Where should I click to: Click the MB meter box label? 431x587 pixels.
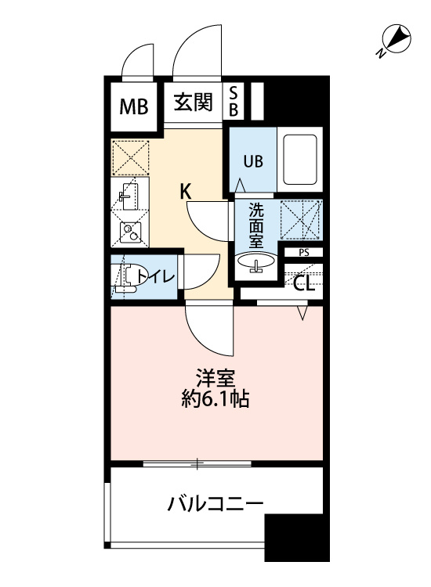coord(134,106)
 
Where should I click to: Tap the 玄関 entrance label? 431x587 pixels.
coord(193,103)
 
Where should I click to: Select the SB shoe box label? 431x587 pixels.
coord(233,101)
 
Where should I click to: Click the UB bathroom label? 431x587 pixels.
coord(254,162)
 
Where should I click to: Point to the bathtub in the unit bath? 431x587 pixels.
coord(300,160)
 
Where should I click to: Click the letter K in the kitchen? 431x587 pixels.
coord(186,193)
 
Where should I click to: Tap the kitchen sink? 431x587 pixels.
coord(129,196)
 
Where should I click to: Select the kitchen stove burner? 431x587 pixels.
coord(130,232)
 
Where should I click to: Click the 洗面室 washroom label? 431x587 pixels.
coord(256,225)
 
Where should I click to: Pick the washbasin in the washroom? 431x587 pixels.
coord(256,262)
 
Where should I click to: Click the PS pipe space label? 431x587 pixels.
coord(304,253)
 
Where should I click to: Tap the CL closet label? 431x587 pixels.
coord(303,284)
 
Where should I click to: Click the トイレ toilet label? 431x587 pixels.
coord(156,276)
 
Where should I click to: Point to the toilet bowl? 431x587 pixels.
coord(127,277)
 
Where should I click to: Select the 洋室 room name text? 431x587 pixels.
coord(215,379)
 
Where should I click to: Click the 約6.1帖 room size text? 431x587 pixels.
coord(215,399)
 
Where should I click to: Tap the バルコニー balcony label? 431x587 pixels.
coord(215,504)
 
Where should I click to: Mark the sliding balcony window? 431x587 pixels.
coord(197,464)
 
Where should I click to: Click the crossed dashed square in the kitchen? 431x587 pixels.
coord(130,157)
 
